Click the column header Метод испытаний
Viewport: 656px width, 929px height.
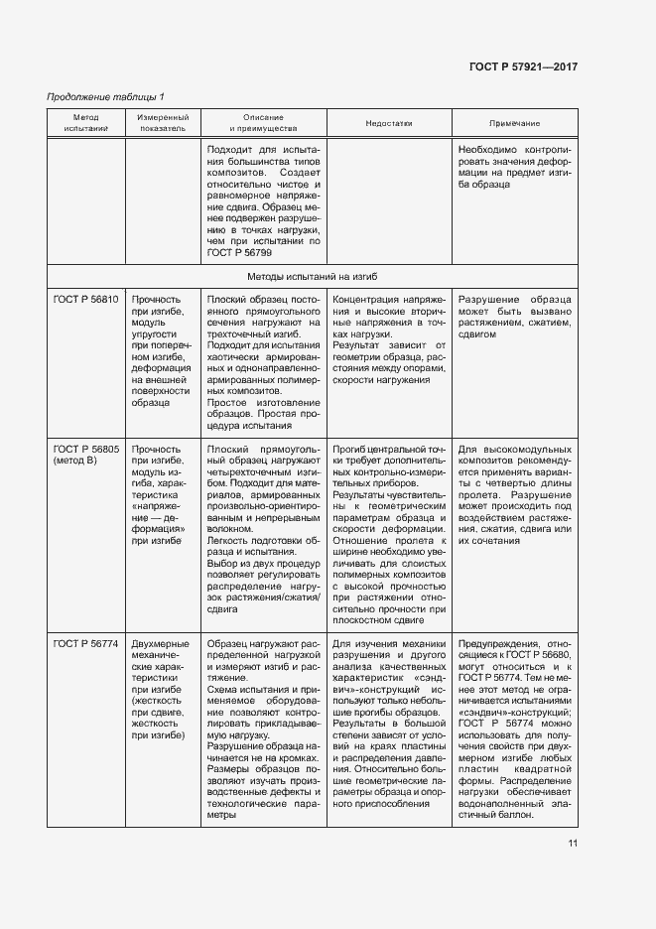point(85,124)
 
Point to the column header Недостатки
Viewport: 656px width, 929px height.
point(388,124)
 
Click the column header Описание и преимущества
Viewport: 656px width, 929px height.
point(263,124)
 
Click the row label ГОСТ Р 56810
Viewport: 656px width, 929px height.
point(85,299)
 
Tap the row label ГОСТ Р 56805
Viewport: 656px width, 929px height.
point(85,449)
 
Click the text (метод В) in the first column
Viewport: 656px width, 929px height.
point(74,462)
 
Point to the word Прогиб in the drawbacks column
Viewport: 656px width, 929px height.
point(350,449)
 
